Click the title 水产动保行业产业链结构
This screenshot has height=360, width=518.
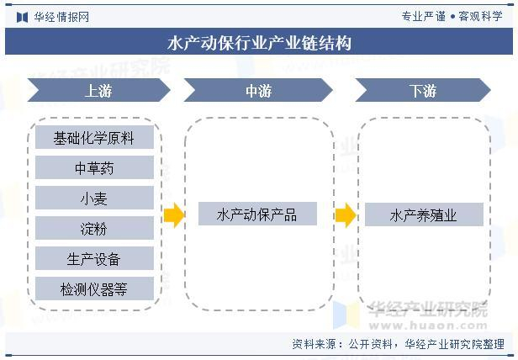pos(259,43)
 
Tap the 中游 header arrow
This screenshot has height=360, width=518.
pos(258,91)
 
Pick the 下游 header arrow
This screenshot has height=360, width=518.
pos(422,91)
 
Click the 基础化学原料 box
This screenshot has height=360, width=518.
pos(93,138)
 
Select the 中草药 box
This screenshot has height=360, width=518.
pos(93,168)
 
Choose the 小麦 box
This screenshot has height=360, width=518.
pos(93,199)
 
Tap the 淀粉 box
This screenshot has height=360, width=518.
pos(93,228)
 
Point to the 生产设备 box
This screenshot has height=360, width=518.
pos(93,258)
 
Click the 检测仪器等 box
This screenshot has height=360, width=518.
pos(93,289)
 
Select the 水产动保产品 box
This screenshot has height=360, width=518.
pos(257,214)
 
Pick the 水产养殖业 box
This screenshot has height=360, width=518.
pos(423,214)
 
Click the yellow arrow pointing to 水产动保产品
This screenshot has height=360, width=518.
pos(173,215)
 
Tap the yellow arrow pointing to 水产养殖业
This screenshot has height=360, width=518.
pos(345,215)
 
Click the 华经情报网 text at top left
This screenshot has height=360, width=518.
pos(61,17)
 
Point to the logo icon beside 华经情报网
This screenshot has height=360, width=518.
pos(20,17)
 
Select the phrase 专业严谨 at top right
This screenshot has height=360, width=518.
pos(423,17)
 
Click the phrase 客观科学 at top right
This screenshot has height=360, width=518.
pos(481,17)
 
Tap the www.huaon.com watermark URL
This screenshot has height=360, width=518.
pos(429,324)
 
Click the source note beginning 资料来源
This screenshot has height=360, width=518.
pos(398,344)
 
